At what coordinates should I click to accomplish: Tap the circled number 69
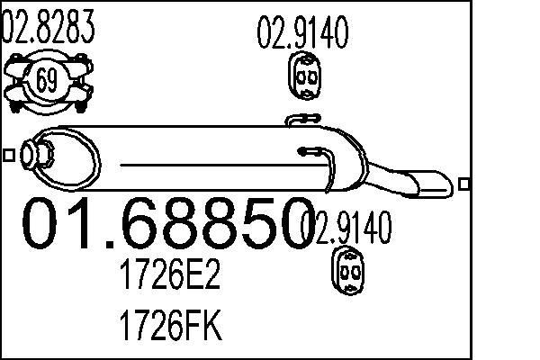47,81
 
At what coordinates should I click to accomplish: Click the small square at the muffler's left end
9,155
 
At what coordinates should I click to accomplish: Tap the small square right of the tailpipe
464,184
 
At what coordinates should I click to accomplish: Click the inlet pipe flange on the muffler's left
35,155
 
